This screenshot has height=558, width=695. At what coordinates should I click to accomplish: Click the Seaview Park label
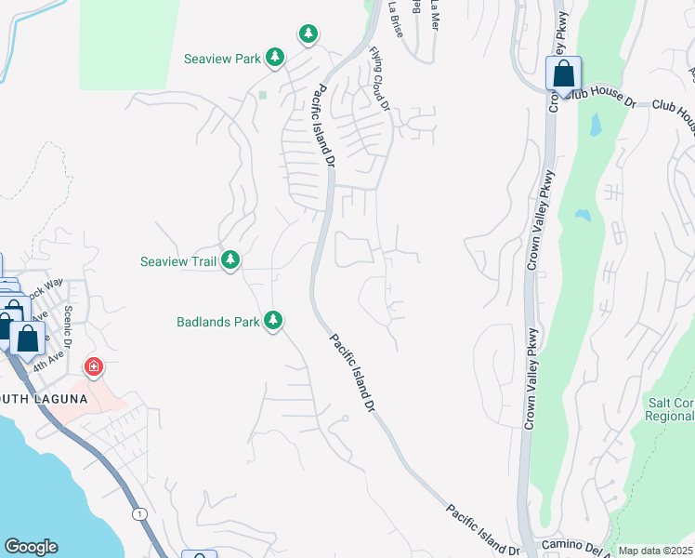point(222,59)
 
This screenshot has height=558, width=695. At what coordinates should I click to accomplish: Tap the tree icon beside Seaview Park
point(275,58)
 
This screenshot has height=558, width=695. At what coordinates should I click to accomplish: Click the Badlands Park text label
point(217,323)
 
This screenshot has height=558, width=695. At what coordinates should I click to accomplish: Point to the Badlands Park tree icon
point(272,321)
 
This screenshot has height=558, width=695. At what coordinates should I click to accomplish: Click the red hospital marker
point(93,367)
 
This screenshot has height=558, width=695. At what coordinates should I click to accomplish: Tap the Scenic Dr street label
point(69,322)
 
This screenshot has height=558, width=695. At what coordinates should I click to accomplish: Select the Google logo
point(31,547)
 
